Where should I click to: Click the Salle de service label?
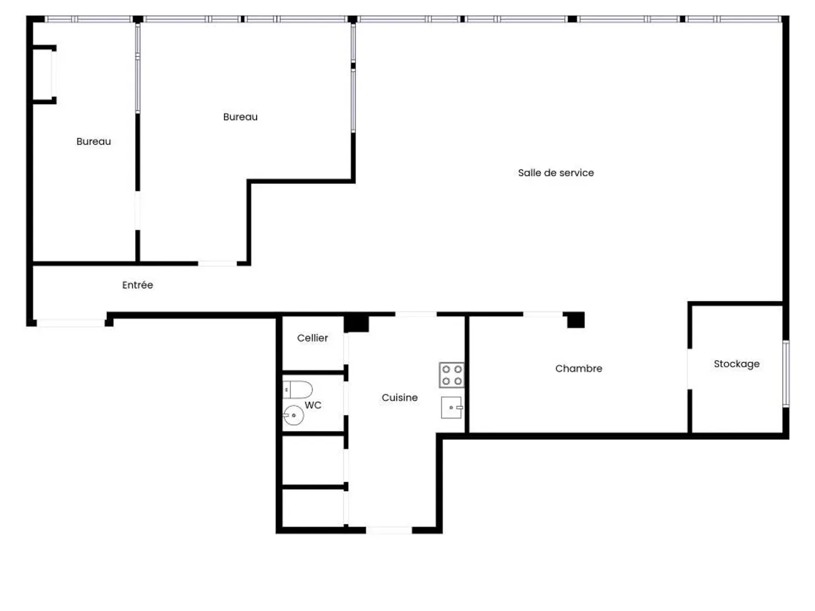pos(556,173)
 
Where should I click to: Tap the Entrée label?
pos(138,285)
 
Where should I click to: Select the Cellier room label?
pos(312,338)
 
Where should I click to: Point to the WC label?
pos(313,405)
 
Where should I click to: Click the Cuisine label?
pos(400,398)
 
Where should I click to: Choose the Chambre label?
pos(578,369)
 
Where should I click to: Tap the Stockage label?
pos(736,364)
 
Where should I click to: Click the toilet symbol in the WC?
pos(298,390)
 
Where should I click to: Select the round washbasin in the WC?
pos(293,416)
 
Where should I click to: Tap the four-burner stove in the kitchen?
pos(452,375)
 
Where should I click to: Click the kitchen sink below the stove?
pos(452,407)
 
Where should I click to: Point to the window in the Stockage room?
pos(786,374)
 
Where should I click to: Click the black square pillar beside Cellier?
pos(357,323)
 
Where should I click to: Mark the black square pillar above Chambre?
pos(576,320)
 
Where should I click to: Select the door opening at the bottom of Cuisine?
pos(389,530)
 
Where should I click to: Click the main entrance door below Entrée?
pos(71,323)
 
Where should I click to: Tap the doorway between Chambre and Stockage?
pos(689,369)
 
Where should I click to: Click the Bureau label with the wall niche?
pos(93,142)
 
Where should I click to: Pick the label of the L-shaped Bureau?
pos(240,117)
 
